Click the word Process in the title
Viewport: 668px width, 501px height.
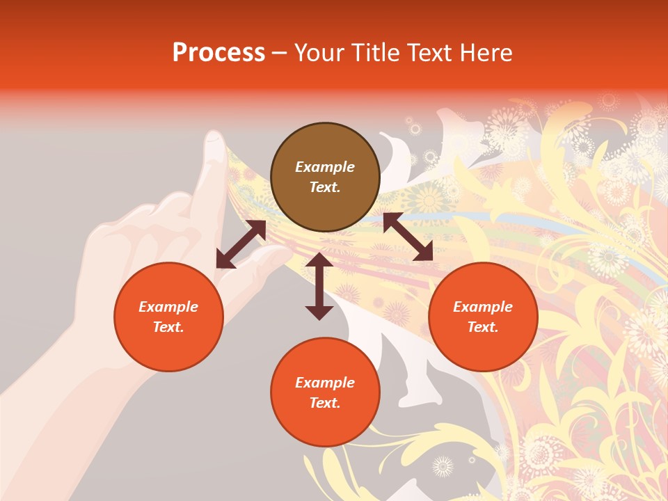tap(218, 53)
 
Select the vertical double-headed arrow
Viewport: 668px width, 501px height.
tap(319, 286)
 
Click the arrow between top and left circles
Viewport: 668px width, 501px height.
tap(241, 244)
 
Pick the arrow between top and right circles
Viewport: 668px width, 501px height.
tap(408, 237)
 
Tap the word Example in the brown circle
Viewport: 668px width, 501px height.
tap(325, 167)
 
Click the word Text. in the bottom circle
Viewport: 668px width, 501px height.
tap(325, 403)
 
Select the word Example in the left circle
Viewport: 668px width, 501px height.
tap(168, 307)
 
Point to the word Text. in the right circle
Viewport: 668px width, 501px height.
tap(483, 327)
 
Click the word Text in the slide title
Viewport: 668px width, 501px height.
tap(429, 53)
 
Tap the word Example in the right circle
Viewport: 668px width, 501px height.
tap(483, 307)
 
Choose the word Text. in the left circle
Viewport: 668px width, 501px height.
tap(168, 327)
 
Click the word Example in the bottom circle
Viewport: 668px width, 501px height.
tap(325, 383)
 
